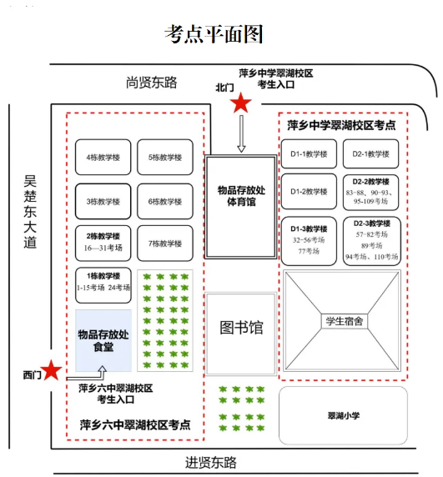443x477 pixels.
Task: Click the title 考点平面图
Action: click(x=214, y=34)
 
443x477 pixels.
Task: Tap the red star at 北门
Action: click(x=241, y=103)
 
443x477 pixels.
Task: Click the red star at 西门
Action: click(x=53, y=369)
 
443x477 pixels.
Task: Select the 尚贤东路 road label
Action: click(x=152, y=82)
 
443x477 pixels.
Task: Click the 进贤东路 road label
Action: click(x=211, y=462)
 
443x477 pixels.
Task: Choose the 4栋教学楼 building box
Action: click(x=103, y=157)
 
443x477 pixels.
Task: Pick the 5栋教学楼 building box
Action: click(x=165, y=157)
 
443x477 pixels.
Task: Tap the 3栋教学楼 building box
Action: click(x=103, y=201)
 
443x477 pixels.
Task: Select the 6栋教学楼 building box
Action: click(x=165, y=201)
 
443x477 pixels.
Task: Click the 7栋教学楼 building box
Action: click(x=165, y=244)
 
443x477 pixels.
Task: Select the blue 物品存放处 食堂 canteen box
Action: click(x=103, y=340)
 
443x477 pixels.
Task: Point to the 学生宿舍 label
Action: click(x=343, y=321)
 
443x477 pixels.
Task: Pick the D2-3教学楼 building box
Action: click(x=371, y=240)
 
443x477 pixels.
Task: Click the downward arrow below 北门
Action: click(x=241, y=134)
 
